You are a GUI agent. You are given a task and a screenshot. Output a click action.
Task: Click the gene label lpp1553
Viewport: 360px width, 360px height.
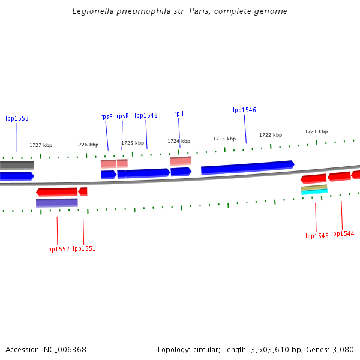point(17,119)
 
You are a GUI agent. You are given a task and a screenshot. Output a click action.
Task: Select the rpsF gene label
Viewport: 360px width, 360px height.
point(106,116)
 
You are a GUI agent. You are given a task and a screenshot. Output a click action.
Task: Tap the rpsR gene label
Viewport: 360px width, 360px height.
point(122,116)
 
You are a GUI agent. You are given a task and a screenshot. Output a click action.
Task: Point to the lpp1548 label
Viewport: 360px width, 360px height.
point(146,116)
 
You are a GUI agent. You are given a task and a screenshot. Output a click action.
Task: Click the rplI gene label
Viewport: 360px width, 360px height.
point(179,113)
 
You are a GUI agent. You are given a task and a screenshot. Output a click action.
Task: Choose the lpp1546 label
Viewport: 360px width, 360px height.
point(244,110)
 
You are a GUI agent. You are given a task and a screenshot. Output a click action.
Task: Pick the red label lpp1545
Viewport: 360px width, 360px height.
point(317,236)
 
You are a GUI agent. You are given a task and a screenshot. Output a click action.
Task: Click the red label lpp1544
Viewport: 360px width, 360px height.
point(343,234)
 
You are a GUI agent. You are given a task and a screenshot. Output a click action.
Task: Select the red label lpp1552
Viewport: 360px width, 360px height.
point(58,249)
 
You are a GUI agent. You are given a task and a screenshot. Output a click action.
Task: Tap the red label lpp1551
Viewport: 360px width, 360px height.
point(84,249)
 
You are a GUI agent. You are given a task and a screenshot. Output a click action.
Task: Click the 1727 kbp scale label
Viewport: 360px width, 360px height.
point(41,145)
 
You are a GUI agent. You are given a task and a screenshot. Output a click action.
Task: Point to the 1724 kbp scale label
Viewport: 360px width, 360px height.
point(179,142)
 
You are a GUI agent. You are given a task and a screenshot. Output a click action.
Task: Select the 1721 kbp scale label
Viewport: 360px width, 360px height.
point(316,132)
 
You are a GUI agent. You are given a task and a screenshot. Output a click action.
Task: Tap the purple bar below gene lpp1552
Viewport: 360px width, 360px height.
point(57,203)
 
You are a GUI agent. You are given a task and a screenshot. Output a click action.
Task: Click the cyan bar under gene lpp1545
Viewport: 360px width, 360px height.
point(314,192)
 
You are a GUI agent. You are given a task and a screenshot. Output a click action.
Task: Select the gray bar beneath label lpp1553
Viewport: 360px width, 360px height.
point(17,165)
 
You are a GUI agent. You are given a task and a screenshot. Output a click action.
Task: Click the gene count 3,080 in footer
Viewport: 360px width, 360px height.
point(343,349)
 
